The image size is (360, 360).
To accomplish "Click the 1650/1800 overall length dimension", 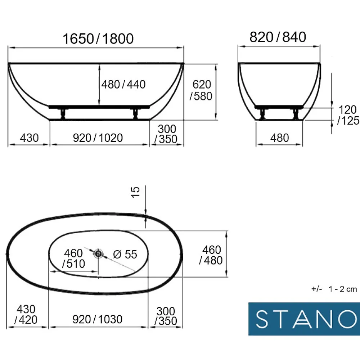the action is click(98, 39).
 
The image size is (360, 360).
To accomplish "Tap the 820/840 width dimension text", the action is click(278, 37).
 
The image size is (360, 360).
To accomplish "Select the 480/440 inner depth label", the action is click(123, 85).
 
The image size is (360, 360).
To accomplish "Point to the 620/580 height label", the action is click(201, 90).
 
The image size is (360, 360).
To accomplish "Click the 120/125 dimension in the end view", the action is click(348, 115).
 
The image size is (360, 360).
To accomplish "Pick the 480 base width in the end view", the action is click(279, 138).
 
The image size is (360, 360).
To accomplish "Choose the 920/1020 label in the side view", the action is click(98, 138).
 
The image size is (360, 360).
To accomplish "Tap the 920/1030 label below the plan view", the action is click(97, 319).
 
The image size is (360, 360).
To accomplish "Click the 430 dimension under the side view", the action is click(29, 138).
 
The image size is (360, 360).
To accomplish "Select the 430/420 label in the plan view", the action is click(26, 314).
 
